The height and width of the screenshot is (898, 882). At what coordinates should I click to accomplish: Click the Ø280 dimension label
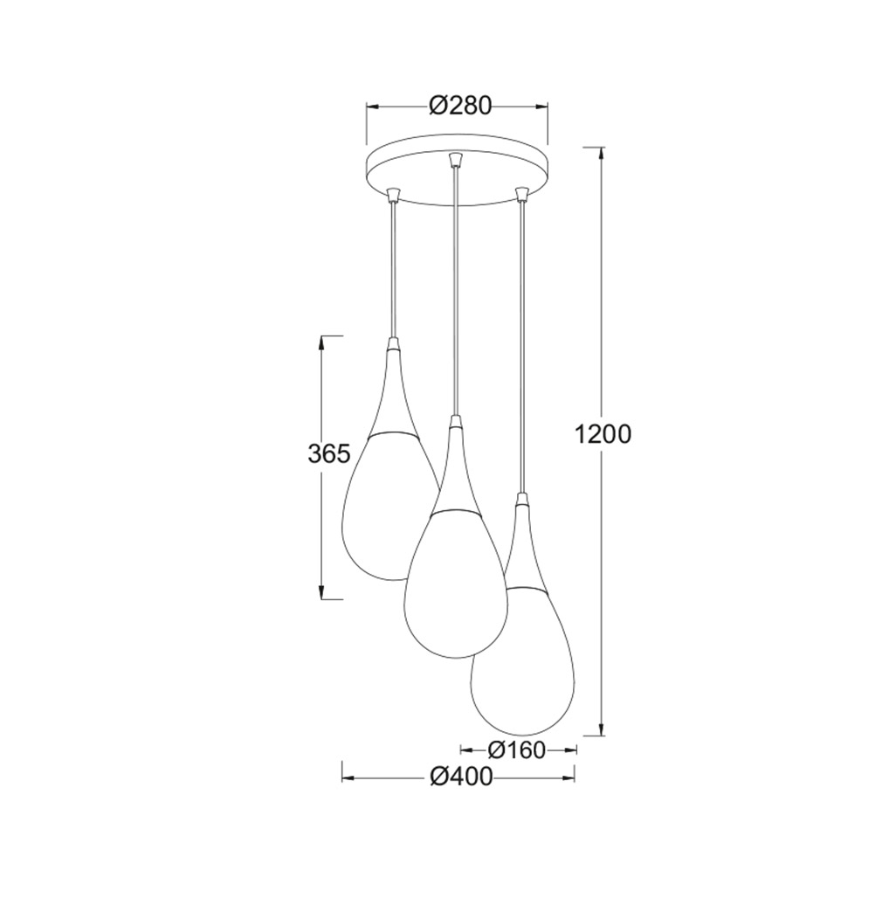[460, 106]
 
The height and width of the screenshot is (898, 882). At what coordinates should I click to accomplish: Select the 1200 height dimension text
[603, 435]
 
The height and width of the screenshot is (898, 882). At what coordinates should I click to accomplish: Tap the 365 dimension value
[328, 454]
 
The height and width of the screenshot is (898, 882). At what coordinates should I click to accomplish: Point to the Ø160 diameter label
[517, 749]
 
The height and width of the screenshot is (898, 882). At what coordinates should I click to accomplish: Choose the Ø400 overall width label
[461, 777]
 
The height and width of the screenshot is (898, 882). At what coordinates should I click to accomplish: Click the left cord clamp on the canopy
[392, 195]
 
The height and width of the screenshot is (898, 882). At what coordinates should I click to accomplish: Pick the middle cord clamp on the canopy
[454, 159]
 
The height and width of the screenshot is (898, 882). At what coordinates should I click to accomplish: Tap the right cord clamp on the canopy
[520, 194]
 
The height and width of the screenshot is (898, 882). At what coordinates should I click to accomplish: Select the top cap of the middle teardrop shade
[455, 423]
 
